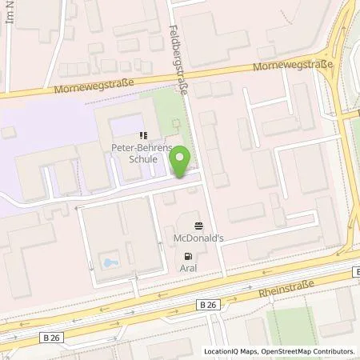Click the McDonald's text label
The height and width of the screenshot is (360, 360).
[198, 238]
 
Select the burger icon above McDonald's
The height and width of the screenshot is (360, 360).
[198, 226]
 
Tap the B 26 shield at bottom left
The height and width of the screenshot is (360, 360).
[52, 338]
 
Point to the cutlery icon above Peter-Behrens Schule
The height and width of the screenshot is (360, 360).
[142, 136]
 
